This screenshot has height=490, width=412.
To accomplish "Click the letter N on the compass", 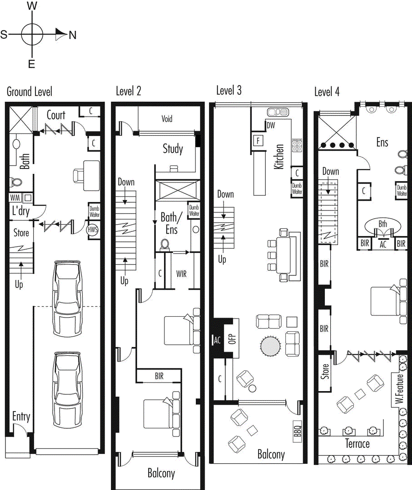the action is (73, 34).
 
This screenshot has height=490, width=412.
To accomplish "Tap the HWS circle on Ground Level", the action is (93, 230).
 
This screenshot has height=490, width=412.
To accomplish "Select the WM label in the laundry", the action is (15, 197).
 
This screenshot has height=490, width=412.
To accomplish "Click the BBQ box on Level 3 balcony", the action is (297, 431).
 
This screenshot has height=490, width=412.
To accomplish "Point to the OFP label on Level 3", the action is (232, 338).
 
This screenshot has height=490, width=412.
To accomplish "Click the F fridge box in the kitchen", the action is (258, 141).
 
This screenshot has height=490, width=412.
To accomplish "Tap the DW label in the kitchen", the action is (271, 125).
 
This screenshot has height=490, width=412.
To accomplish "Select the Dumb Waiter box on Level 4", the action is (402, 190).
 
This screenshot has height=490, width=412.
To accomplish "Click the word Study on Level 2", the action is (173, 149).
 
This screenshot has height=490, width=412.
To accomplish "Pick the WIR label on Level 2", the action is (181, 274).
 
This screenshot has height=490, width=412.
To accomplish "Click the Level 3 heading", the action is (229, 91).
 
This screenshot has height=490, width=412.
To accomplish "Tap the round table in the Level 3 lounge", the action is (271, 346).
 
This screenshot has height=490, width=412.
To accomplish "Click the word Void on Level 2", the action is (167, 119).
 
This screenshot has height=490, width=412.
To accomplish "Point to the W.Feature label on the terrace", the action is (399, 388).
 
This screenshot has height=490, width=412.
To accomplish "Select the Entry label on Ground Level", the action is (21, 416).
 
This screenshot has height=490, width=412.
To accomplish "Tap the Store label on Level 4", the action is (325, 371).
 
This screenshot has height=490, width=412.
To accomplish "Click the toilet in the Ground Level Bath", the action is (15, 182).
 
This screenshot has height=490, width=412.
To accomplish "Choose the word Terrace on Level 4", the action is (357, 444).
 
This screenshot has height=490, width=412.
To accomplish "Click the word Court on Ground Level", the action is (56, 115).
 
